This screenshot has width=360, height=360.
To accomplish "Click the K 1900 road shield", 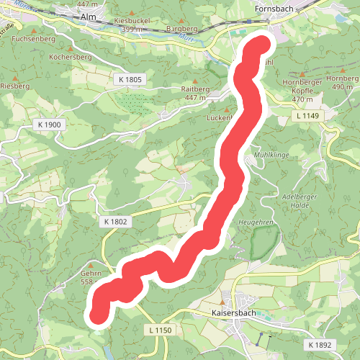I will [48, 125].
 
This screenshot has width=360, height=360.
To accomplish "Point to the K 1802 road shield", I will [114, 222].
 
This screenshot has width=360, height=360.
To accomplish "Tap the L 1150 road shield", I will [163, 329].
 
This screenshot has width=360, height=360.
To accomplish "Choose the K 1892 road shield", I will [318, 346].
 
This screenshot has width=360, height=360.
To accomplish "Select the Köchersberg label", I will [70, 56].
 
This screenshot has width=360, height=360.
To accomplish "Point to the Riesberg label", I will [14, 85].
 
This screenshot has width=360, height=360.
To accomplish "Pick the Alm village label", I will [89, 16].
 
